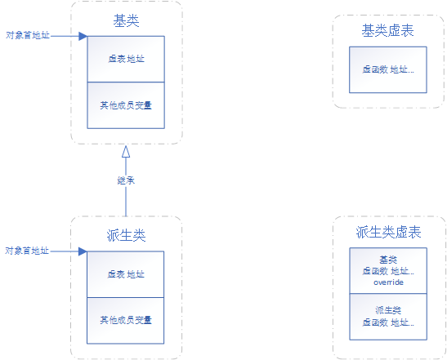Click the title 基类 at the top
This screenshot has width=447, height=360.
[x=126, y=20]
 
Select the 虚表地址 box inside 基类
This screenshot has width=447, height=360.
[x=126, y=60]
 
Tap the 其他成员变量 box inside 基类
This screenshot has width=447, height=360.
[x=126, y=104]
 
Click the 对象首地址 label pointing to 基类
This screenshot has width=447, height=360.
[x=26, y=35]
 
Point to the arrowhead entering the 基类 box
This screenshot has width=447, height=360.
[x=83, y=36]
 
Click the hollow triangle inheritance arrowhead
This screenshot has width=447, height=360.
[x=126, y=153]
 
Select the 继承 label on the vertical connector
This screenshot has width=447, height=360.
[x=126, y=180]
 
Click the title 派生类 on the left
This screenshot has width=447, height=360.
[x=126, y=235]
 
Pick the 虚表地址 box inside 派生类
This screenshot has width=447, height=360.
[x=126, y=274]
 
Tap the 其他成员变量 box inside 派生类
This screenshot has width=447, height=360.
[x=126, y=319]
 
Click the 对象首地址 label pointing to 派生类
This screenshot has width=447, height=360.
[x=26, y=251]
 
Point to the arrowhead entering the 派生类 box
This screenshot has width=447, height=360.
[x=83, y=251]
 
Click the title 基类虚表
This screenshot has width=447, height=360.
[x=388, y=30]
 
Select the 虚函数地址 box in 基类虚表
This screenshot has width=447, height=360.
[x=388, y=70]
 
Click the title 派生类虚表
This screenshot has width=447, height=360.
[x=388, y=233]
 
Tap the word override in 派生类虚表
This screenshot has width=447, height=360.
[x=388, y=282]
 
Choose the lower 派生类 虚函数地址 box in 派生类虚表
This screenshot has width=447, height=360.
[x=388, y=316]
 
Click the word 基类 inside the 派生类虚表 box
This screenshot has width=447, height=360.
[x=388, y=259]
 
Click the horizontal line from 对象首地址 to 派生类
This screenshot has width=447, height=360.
[x=65, y=251]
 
